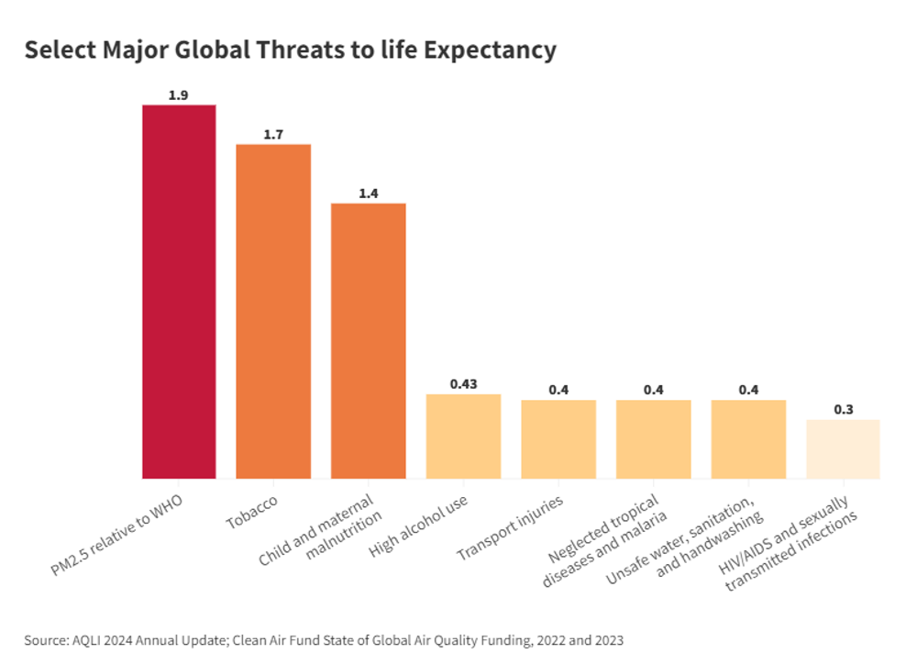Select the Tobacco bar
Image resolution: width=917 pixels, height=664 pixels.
[273, 311]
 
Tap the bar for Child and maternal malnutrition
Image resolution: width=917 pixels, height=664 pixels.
[369, 340]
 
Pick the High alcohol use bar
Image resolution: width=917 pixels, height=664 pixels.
[463, 437]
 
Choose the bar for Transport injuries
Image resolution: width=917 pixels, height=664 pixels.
[558, 439]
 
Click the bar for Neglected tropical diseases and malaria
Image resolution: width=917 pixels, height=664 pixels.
[653, 439]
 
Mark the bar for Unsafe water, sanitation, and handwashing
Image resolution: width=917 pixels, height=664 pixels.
[748, 439]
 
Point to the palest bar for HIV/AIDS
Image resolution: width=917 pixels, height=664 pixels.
[843, 449]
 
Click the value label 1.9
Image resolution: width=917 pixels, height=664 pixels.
[178, 95]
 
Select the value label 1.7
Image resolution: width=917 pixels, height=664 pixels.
[273, 135]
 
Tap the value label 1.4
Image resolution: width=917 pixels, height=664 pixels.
[369, 194]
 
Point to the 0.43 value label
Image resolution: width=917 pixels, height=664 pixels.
[463, 383]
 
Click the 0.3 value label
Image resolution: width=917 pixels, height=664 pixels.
[843, 409]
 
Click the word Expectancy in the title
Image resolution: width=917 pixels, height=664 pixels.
[495, 50]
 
